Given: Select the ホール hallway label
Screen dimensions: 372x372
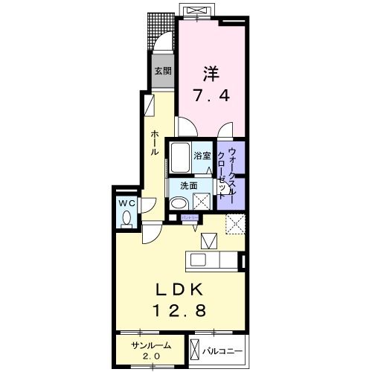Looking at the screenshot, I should pos(154,141).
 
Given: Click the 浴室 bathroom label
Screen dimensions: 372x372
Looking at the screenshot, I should pos(202,156).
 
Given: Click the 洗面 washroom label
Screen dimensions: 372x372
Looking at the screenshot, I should pos(187,186).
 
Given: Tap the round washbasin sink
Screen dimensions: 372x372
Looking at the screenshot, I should pos(179,203).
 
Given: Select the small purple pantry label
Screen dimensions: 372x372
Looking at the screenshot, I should pos(190,217).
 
